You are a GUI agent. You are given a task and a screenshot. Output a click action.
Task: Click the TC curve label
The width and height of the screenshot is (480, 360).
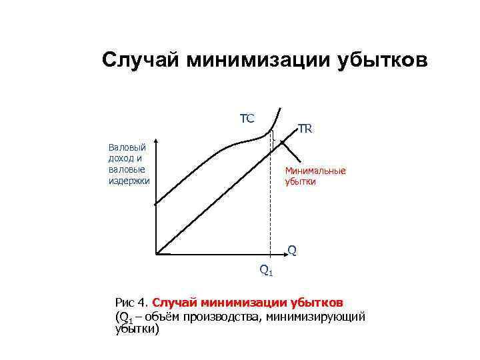(247, 119)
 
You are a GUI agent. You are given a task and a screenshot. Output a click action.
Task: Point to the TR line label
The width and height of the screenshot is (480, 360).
(306, 129)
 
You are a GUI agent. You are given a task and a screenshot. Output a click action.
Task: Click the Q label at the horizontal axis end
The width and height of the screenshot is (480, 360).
(292, 251)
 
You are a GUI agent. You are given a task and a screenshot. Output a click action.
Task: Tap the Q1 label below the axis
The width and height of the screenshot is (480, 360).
(266, 270)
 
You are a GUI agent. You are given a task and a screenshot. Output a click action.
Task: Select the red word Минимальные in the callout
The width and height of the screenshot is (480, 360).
(315, 171)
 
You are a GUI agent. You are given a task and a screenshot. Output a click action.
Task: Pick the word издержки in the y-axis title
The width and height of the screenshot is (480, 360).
(129, 180)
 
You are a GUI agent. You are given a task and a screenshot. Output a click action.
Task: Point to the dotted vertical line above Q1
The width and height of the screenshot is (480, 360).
(273, 200)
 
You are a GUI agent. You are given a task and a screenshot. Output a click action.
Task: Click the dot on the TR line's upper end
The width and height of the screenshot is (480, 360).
(282, 142)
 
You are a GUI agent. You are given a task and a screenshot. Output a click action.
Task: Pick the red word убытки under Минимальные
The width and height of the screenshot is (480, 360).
(301, 181)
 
